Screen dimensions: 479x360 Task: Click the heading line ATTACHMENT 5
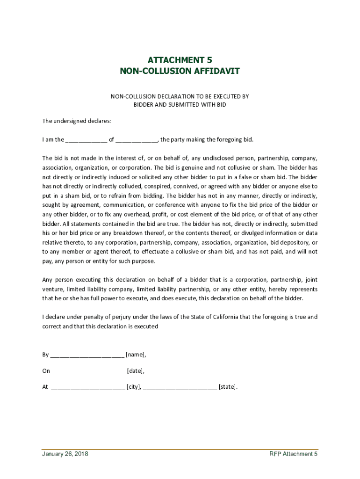(180, 60)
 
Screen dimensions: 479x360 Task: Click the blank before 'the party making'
(137, 140)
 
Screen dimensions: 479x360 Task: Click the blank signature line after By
(87, 355)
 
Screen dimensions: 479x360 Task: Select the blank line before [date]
(88, 371)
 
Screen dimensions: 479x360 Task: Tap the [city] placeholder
(134, 387)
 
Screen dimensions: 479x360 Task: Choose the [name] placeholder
(136, 355)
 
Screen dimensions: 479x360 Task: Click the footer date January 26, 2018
(65, 454)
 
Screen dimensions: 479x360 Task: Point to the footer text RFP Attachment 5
(293, 454)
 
